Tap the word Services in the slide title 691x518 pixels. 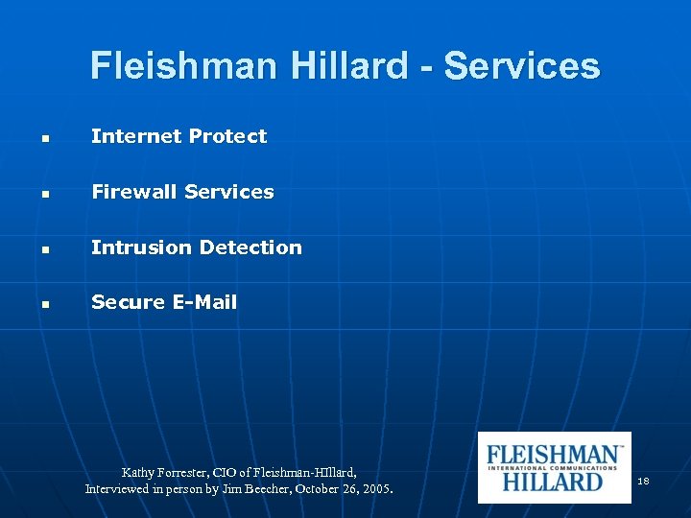click(x=522, y=66)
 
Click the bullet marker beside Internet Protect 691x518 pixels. click(x=46, y=139)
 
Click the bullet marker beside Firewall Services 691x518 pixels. click(x=46, y=195)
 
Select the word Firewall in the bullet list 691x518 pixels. click(x=134, y=192)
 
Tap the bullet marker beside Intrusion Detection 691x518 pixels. click(x=46, y=249)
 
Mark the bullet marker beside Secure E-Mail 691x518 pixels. click(x=46, y=305)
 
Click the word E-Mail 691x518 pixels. click(x=204, y=302)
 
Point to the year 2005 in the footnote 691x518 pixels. click(x=376, y=489)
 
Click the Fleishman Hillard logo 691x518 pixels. click(x=554, y=467)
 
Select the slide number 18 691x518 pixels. click(x=643, y=480)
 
